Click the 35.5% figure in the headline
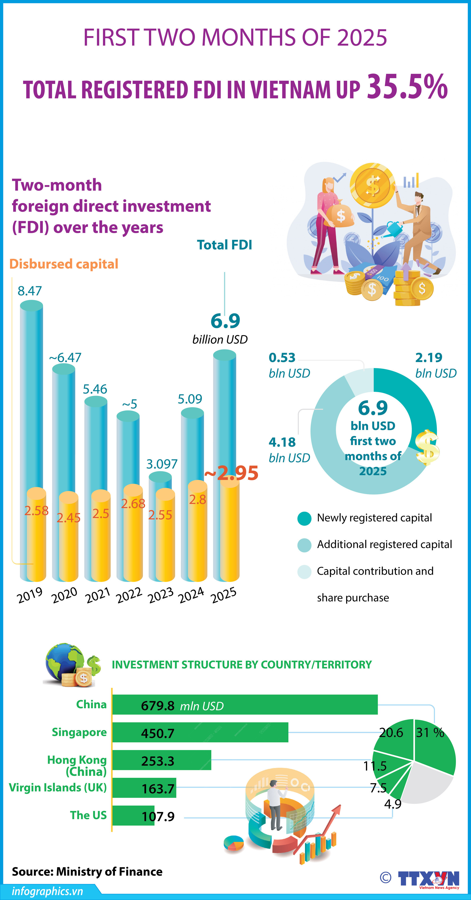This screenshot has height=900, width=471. coord(407,87)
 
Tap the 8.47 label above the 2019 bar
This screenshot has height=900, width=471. coord(30,291)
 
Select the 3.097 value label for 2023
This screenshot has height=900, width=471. coord(162,464)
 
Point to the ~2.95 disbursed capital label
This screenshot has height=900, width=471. coord(231,473)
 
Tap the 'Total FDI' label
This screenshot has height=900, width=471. coord(224,245)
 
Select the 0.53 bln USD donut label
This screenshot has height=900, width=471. coord(282,358)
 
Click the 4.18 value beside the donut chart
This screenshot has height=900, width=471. coord(282,442)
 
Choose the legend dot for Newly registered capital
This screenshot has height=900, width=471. coord(304,519)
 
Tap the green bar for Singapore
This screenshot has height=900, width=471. coord(200,732)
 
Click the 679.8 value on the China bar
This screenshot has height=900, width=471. coord(158,706)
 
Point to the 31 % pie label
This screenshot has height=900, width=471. coord(430,732)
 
